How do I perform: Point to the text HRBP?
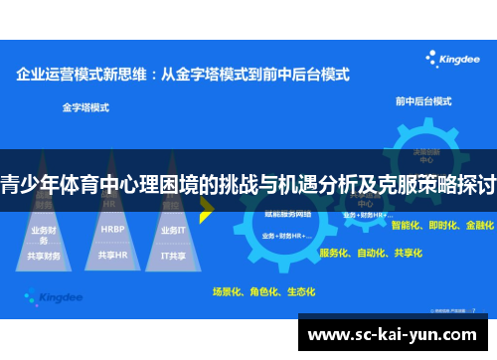pos(112,229)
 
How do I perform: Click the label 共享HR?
pos(112,255)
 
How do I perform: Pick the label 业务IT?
pos(172,230)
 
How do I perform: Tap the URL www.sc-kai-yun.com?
pos(397,335)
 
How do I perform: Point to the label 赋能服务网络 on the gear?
pos(288,215)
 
